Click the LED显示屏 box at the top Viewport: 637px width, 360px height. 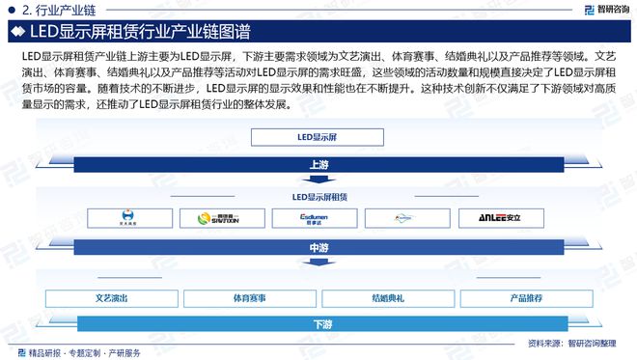pos(317,137)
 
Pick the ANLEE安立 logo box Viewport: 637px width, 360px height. pos(495,218)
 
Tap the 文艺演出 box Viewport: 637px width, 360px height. pos(112,297)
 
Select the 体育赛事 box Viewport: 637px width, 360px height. pos(250,297)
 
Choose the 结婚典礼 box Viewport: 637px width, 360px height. pos(387,297)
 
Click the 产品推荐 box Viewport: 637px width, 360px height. pos(526,297)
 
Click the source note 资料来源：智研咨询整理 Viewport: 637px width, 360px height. pos(575,343)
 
